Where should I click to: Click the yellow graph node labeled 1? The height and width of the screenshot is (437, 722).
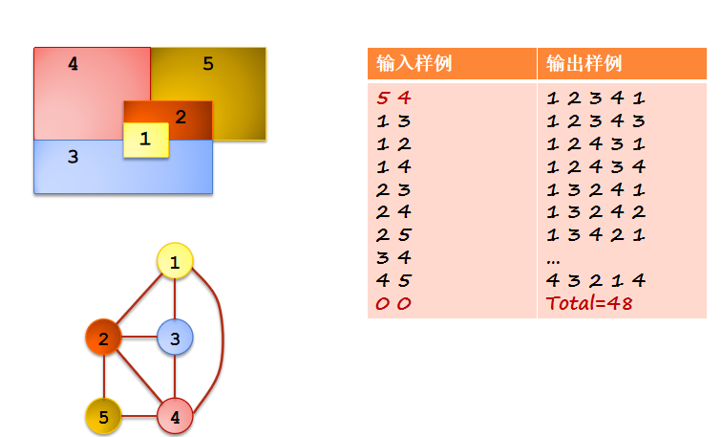pyautogui.click(x=175, y=261)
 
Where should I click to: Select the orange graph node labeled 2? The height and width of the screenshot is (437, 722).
pyautogui.click(x=103, y=338)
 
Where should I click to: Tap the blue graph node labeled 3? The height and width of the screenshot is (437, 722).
pyautogui.click(x=175, y=338)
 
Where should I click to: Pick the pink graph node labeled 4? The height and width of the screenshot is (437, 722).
pyautogui.click(x=175, y=417)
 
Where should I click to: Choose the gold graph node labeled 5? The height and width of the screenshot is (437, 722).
pyautogui.click(x=103, y=417)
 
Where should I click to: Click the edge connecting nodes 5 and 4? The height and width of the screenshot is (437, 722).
pyautogui.click(x=138, y=417)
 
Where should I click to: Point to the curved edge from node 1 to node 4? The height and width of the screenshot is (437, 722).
pyautogui.click(x=223, y=335)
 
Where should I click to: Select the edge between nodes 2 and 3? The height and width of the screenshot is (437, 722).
pyautogui.click(x=138, y=338)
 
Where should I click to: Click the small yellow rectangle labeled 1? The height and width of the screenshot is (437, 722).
pyautogui.click(x=145, y=140)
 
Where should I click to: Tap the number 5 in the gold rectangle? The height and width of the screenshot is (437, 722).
pyautogui.click(x=208, y=64)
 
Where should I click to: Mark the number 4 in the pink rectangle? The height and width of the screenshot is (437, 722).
pyautogui.click(x=74, y=64)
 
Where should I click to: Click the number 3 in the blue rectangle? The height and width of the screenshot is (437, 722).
pyautogui.click(x=73, y=157)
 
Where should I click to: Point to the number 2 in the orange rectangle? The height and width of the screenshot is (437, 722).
pyautogui.click(x=180, y=118)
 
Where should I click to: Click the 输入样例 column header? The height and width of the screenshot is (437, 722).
pyautogui.click(x=414, y=64)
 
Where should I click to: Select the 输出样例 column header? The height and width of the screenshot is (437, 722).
pyautogui.click(x=584, y=64)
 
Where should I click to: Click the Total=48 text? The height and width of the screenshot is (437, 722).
pyautogui.click(x=589, y=303)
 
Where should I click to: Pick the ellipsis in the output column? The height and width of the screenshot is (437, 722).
pyautogui.click(x=553, y=259)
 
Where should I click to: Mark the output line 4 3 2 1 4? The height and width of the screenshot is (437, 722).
pyautogui.click(x=596, y=280)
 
